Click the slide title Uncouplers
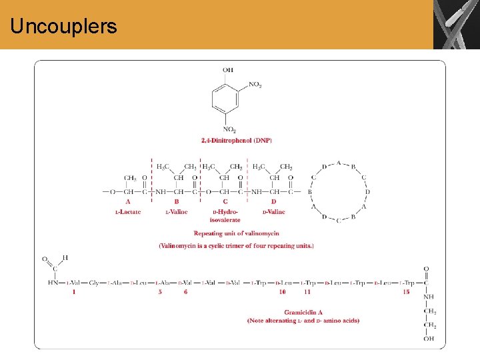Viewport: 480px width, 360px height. pyautogui.click(x=64, y=27)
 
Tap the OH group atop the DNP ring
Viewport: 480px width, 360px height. pyautogui.click(x=229, y=69)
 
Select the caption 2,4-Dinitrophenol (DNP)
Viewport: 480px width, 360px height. pyautogui.click(x=237, y=141)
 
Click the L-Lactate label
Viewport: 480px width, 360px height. pyautogui.click(x=128, y=212)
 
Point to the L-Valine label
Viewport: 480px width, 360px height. pyautogui.click(x=177, y=212)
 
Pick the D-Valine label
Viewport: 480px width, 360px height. pyautogui.click(x=273, y=212)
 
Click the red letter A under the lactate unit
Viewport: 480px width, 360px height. pyautogui.click(x=128, y=201)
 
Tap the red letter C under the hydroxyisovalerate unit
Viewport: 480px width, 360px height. pyautogui.click(x=225, y=201)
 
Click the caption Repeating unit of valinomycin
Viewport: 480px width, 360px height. pyautogui.click(x=236, y=233)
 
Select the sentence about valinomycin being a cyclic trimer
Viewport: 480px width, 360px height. pyautogui.click(x=236, y=246)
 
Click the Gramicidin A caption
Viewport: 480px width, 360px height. pyautogui.click(x=303, y=312)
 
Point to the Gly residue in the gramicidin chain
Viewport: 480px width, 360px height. pyautogui.click(x=93, y=283)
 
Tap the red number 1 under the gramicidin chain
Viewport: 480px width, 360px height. pyautogui.click(x=74, y=292)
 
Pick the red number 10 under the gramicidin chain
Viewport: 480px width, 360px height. pyautogui.click(x=283, y=292)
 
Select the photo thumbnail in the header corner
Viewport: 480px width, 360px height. pyautogui.click(x=456, y=25)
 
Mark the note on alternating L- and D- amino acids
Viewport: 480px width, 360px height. pyautogui.click(x=303, y=321)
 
